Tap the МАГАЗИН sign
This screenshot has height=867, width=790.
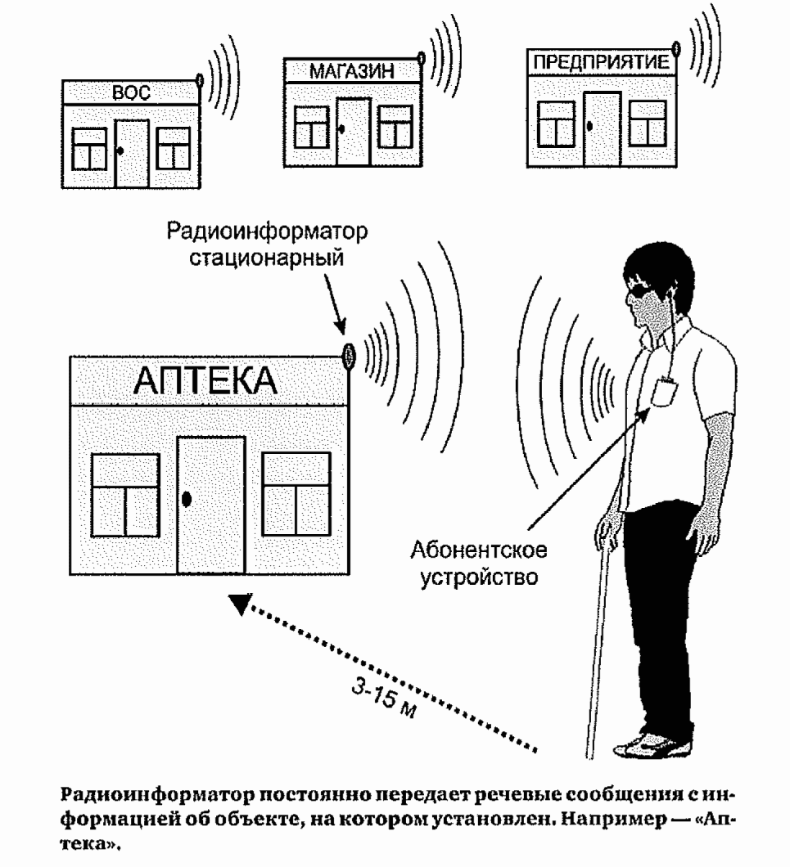(x=352, y=71)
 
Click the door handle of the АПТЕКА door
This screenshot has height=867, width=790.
(x=187, y=498)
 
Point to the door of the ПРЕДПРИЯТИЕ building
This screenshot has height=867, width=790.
(x=602, y=127)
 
